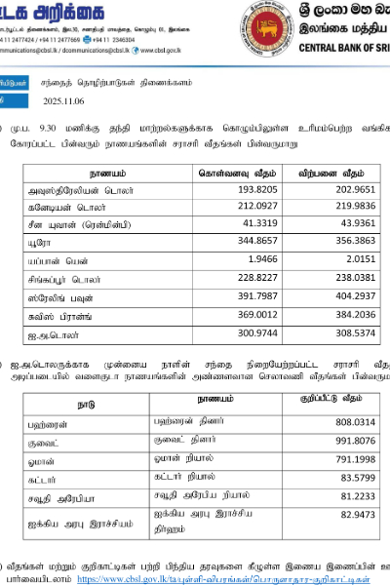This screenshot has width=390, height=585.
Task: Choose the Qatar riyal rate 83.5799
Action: [x=352, y=479]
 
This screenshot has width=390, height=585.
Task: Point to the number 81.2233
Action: [x=352, y=497]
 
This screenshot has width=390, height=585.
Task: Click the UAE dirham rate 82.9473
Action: [x=352, y=517]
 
